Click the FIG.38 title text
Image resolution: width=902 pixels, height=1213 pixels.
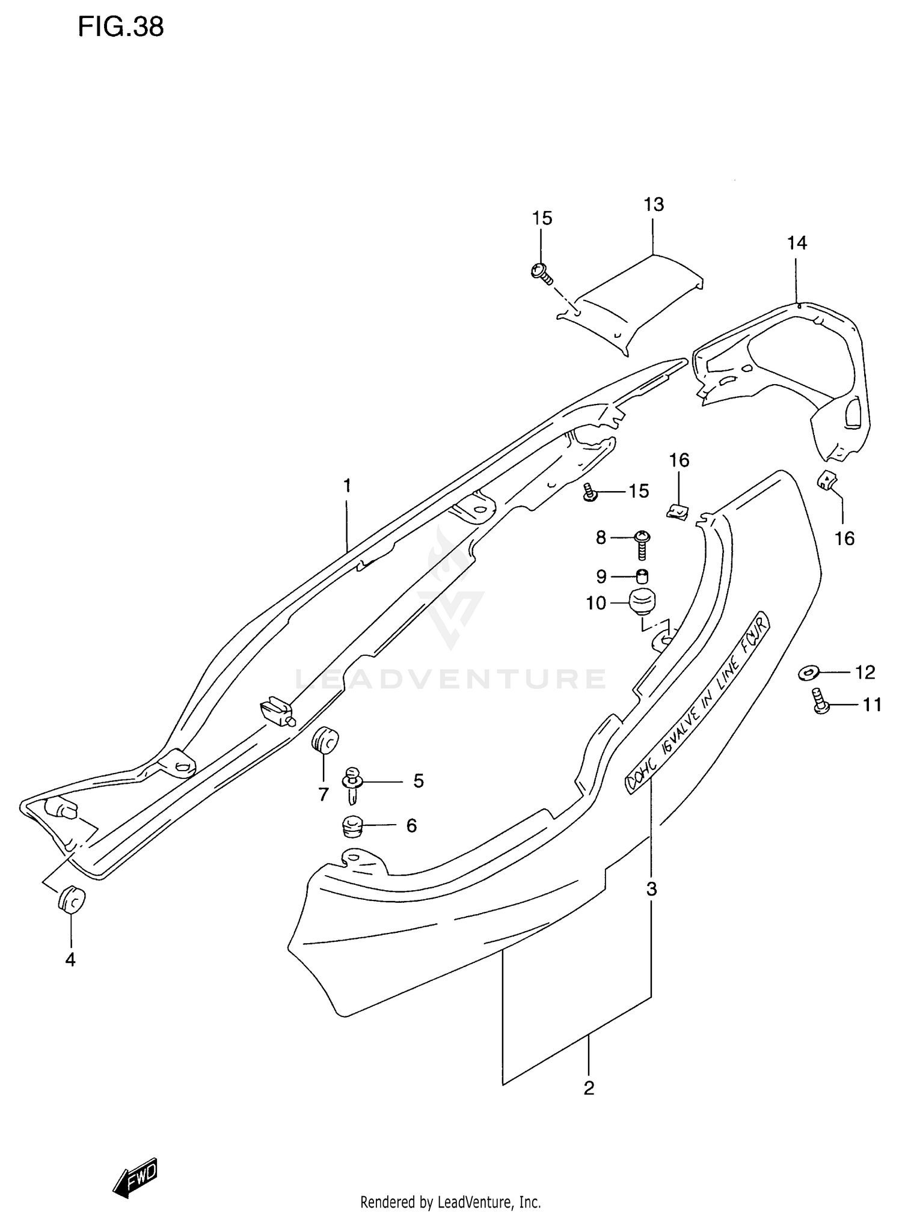(x=120, y=27)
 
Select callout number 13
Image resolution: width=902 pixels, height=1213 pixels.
(x=654, y=204)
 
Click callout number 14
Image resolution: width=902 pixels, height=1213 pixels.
(x=797, y=243)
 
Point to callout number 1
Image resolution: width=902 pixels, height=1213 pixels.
(x=347, y=485)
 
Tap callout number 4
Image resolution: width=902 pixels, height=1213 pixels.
(x=70, y=960)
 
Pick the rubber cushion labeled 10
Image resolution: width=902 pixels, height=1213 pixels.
(x=642, y=602)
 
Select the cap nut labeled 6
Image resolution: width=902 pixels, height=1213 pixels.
(x=352, y=825)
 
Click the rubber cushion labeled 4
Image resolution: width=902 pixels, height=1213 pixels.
(x=72, y=900)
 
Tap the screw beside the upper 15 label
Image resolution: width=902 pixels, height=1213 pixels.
(x=541, y=272)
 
